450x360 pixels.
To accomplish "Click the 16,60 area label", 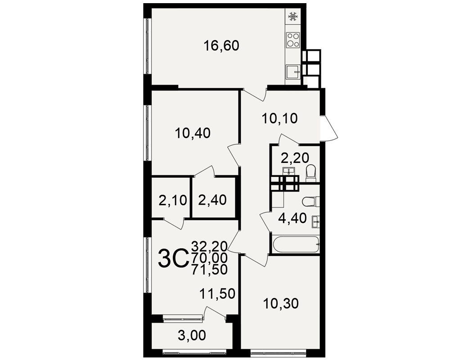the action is [x=221, y=45].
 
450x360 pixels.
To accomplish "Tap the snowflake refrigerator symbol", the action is [x=293, y=16].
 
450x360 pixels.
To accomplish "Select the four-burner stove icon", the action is [x=293, y=40].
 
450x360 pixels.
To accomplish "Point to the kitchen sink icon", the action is [x=293, y=72].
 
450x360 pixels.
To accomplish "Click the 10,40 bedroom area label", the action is [x=193, y=133].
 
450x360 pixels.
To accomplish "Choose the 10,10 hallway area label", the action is [x=280, y=118].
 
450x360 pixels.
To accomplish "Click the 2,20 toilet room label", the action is [x=295, y=157].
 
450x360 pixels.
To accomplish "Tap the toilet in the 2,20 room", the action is [x=311, y=173].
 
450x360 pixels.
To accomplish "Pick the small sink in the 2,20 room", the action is [x=288, y=171].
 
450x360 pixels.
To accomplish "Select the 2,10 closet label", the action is [x=173, y=200].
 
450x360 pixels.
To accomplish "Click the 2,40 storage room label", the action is [x=212, y=200].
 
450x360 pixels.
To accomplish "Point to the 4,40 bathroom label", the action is [x=292, y=218].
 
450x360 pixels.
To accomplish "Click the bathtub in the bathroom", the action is [x=296, y=244].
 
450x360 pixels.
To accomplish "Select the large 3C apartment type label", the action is [x=173, y=258].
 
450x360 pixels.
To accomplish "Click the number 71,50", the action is [x=210, y=270].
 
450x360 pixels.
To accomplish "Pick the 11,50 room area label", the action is [x=217, y=294].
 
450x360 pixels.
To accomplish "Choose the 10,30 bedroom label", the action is [x=281, y=304].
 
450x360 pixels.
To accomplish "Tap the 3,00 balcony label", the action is [x=192, y=335].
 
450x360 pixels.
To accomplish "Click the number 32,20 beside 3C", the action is [x=210, y=246].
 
